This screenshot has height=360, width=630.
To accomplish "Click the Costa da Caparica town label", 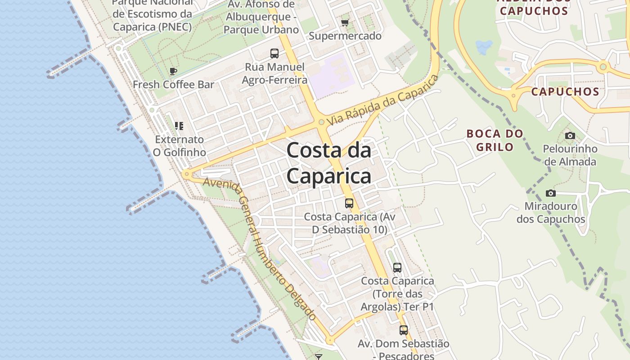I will tap(329, 163).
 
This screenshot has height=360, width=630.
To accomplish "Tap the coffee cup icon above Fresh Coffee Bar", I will tap(173, 71).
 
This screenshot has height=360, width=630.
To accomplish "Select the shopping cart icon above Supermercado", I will tap(345, 22).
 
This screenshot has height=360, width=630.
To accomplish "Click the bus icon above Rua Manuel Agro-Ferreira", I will tap(274, 54).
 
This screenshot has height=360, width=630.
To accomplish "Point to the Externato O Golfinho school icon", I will tap(179, 126).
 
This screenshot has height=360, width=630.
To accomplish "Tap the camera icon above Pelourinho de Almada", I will tap(570, 135).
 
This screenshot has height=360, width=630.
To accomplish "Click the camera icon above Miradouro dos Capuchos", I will tap(550, 193).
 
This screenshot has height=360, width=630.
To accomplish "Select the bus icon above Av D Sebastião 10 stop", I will tap(349, 203).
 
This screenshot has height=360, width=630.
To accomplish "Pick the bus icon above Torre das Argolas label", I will tap(397, 268).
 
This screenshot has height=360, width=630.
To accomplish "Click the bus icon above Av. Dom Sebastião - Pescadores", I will tap(404, 330).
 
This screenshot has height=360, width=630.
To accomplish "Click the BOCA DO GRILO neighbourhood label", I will tap(495, 140).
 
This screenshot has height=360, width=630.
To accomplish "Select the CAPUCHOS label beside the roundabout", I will tap(565, 92).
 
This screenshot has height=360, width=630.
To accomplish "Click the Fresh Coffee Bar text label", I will tap(173, 85).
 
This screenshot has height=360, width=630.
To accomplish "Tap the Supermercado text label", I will tap(345, 36).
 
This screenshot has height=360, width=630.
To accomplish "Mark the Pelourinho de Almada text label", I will tap(570, 155).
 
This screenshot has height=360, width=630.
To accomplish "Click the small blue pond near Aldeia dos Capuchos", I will tap(484, 46).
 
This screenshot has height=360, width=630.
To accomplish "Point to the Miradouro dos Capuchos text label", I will tap(550, 213).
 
